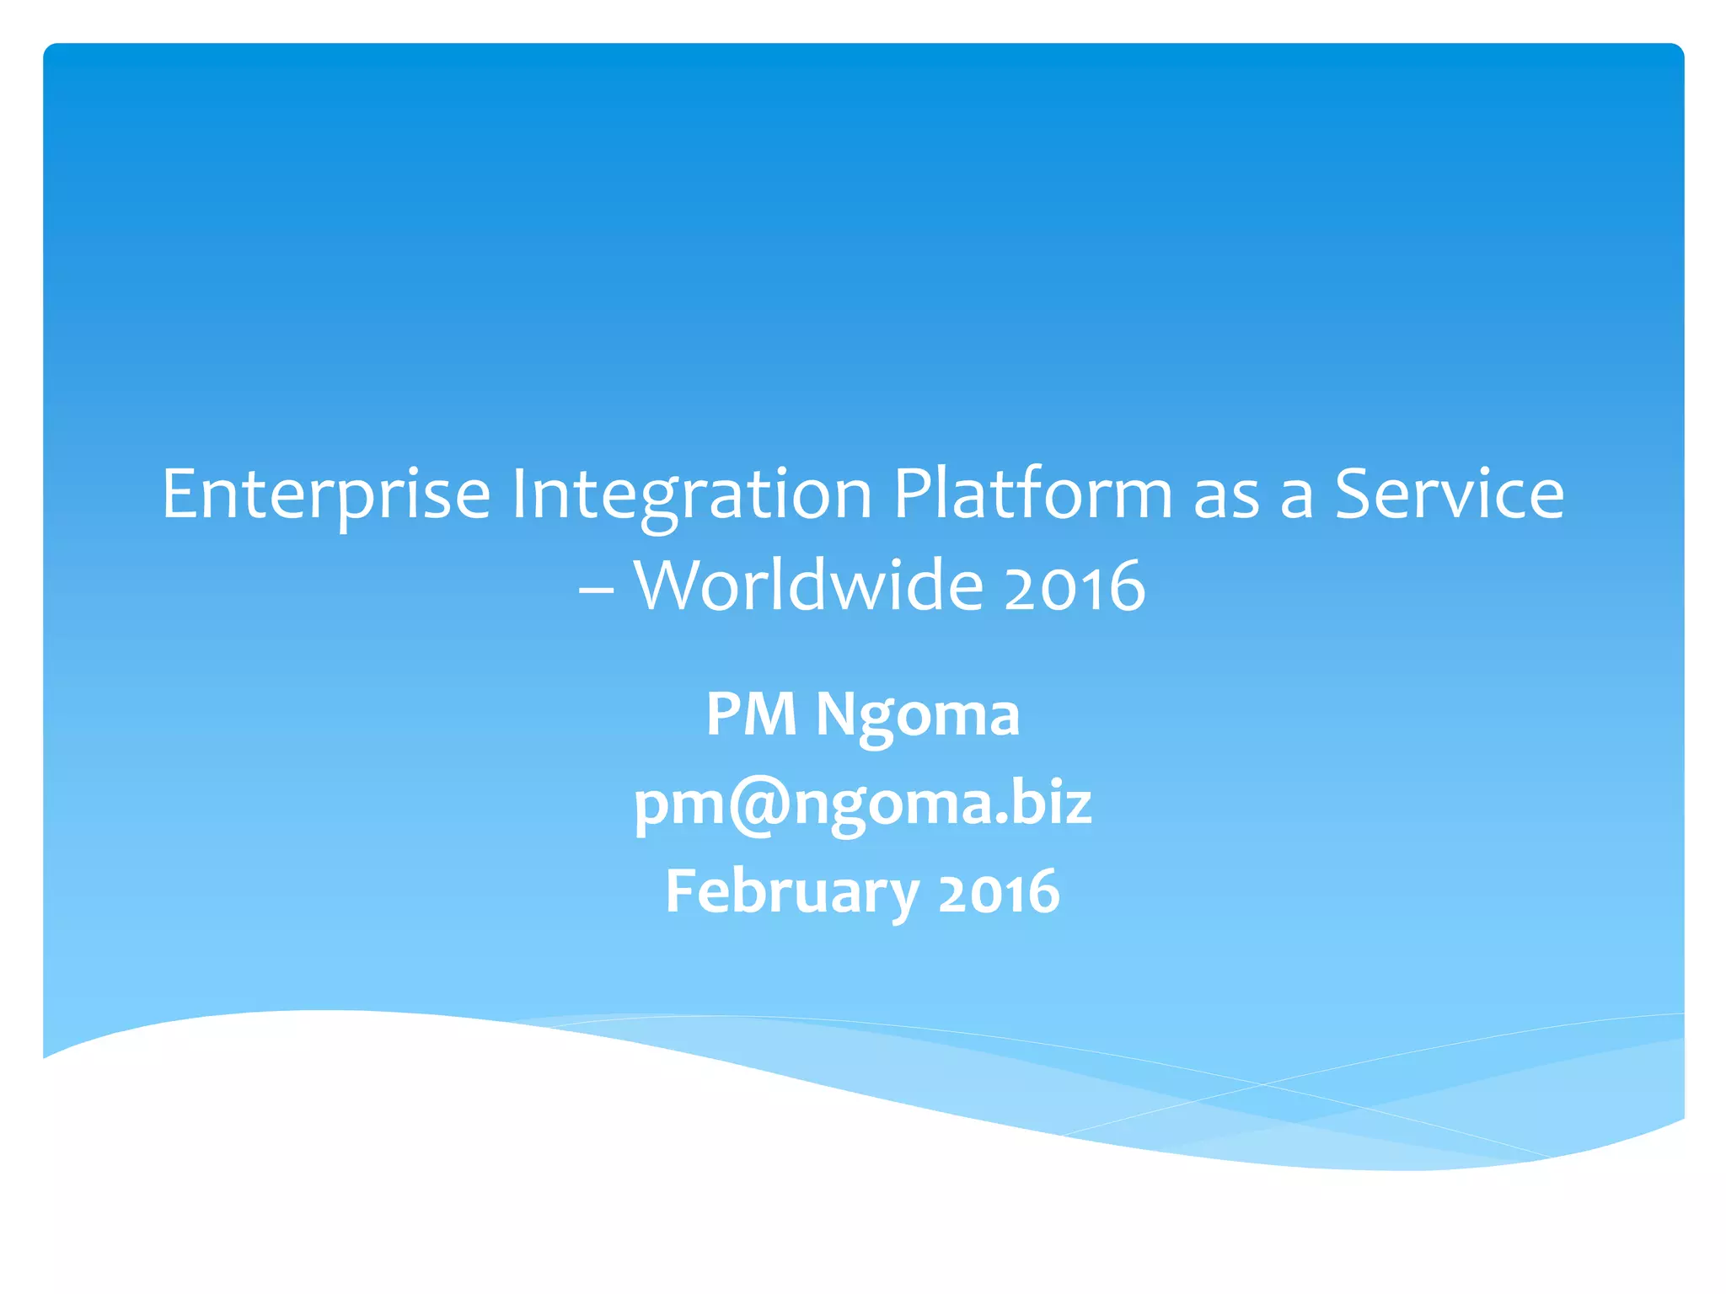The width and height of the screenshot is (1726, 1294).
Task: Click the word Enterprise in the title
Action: (326, 495)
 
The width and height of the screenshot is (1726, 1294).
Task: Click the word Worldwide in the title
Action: (808, 585)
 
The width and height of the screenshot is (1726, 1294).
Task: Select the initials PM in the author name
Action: (751, 714)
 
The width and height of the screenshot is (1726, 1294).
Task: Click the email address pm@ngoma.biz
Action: (862, 804)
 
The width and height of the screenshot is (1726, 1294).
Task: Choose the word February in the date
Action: (791, 892)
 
